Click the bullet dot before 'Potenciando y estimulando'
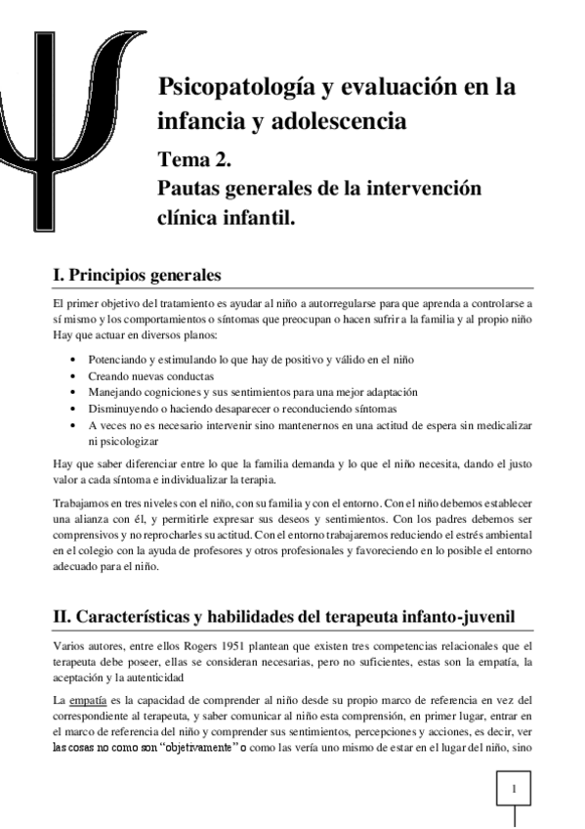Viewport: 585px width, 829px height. pos(75,360)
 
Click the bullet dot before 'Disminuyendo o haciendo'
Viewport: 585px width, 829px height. pos(75,408)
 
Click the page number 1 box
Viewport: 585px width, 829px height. pos(514,787)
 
